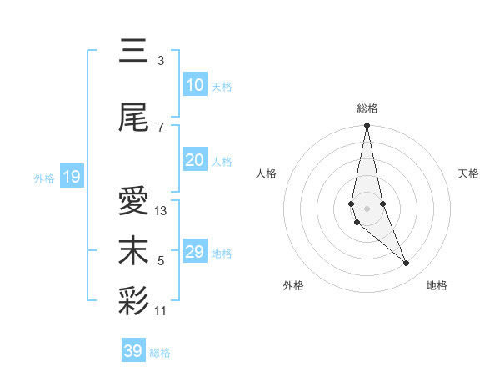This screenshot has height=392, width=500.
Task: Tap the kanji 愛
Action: pyautogui.click(x=133, y=201)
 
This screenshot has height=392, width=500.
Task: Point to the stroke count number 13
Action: pyautogui.click(x=161, y=211)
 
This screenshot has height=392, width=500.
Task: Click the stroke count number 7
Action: pyautogui.click(x=161, y=128)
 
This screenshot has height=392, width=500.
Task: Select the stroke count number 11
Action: pyautogui.click(x=161, y=311)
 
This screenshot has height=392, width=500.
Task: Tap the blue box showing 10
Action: pyautogui.click(x=194, y=84)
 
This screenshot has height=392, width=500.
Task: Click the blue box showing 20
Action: pyautogui.click(x=194, y=160)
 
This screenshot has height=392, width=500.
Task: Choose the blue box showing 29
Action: pyautogui.click(x=194, y=252)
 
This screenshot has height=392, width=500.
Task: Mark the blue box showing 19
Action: pyautogui.click(x=71, y=177)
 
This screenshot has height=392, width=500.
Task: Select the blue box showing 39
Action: pyautogui.click(x=132, y=351)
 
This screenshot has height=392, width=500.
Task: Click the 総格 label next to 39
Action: pyautogui.click(x=160, y=353)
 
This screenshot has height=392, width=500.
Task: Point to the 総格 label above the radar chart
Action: pyautogui.click(x=367, y=108)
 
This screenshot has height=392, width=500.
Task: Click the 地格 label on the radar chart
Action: pyautogui.click(x=437, y=285)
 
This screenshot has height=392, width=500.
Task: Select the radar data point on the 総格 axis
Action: pyautogui.click(x=367, y=126)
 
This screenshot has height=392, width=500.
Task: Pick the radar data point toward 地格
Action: pyautogui.click(x=407, y=264)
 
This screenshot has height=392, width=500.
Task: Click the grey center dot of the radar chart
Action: pyautogui.click(x=367, y=208)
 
